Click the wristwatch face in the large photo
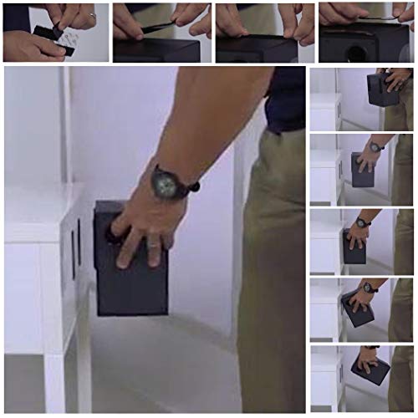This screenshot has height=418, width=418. pyautogui.click(x=165, y=182)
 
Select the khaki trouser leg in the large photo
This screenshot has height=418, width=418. pyautogui.click(x=272, y=276)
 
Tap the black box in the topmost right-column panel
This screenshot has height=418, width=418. pyautogui.click(x=380, y=89)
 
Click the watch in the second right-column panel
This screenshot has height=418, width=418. pyautogui.click(x=375, y=147)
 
